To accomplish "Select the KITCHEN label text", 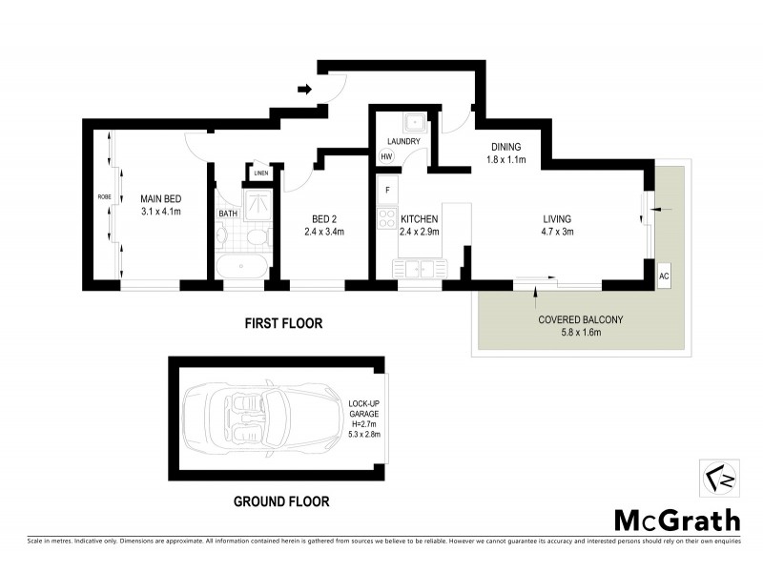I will (419, 218).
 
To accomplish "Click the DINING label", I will (505, 147).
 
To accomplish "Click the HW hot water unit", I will (386, 156).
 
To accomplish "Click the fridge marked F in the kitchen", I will (386, 189).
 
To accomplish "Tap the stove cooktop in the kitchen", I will (387, 218).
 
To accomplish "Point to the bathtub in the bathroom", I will (241, 264).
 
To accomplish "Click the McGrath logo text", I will (675, 520).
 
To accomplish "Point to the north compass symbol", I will (713, 478).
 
